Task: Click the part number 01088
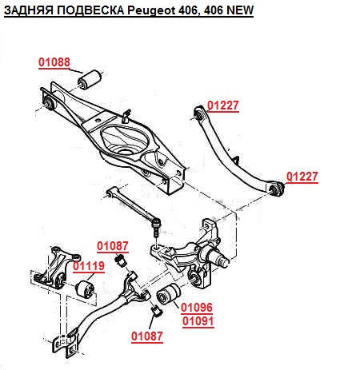[x=54, y=62]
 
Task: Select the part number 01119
[x=89, y=266]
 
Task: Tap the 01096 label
[x=197, y=308]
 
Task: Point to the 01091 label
[x=198, y=321]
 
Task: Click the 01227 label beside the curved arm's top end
[x=223, y=105]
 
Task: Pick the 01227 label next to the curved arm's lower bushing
[x=302, y=177]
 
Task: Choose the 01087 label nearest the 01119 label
[x=113, y=246]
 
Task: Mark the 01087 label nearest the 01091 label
[x=147, y=336]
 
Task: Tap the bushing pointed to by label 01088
[x=90, y=79]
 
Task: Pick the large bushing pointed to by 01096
[x=168, y=294]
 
